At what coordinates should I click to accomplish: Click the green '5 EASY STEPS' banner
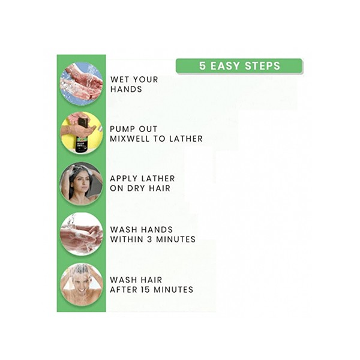point(239,66)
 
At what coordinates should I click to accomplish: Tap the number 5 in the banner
point(202,66)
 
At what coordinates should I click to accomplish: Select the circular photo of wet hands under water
point(81,84)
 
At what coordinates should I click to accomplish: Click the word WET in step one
point(119,80)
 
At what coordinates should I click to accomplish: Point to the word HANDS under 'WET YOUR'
point(126,89)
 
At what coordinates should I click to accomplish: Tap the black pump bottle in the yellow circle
point(82,135)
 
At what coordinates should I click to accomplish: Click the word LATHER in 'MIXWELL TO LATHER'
point(186,139)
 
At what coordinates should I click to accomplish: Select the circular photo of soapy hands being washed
point(81,234)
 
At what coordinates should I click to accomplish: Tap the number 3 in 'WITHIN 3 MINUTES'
point(149,239)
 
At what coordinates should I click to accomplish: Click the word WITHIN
point(127,239)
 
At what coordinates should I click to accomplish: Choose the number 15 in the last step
point(145,290)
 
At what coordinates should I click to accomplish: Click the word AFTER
point(124,290)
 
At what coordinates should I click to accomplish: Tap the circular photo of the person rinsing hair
point(81,285)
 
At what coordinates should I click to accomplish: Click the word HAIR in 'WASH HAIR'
point(152,280)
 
